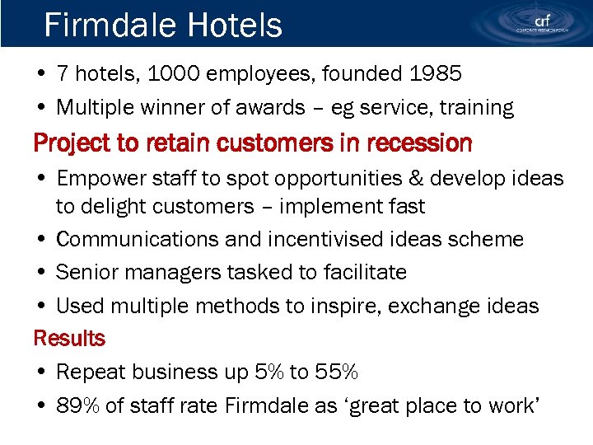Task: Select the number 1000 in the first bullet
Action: [x=176, y=74]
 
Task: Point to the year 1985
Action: [x=436, y=74]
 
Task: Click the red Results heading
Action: [x=69, y=339]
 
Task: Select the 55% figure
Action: [x=335, y=372]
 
